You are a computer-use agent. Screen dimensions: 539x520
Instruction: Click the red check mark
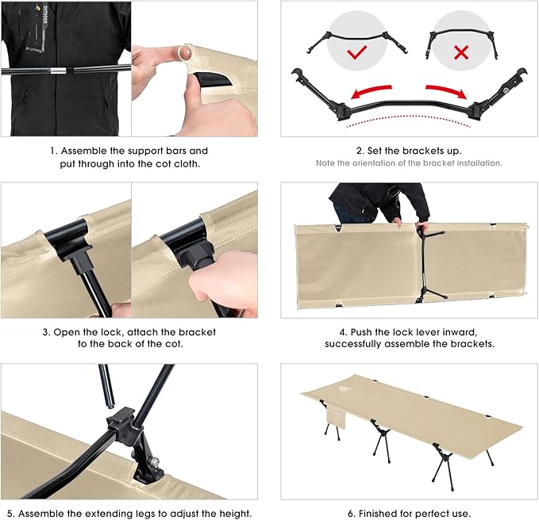pyautogui.click(x=356, y=52)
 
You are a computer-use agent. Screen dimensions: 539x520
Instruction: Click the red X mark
pyautogui.click(x=461, y=52)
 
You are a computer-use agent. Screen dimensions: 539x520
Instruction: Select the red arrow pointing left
pyautogui.click(x=371, y=91)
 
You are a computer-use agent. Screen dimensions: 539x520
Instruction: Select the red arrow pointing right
pyautogui.click(x=446, y=90)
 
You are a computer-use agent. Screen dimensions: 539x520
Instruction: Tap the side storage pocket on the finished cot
pyautogui.click(x=335, y=415)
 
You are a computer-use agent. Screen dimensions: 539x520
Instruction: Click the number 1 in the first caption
pyautogui.click(x=52, y=151)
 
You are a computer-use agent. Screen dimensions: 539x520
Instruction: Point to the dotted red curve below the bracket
pyautogui.click(x=408, y=120)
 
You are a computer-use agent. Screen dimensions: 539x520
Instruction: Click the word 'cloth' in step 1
pyautogui.click(x=187, y=164)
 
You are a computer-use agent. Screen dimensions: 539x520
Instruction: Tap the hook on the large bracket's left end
pyautogui.click(x=297, y=75)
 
